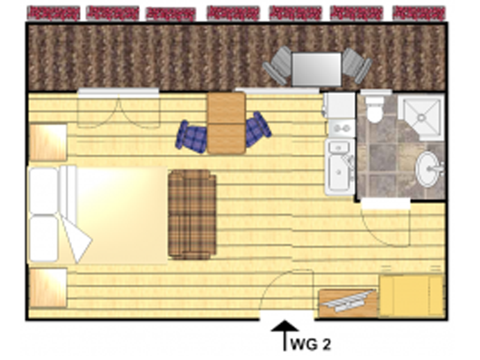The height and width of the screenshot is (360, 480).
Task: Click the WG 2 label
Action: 310,344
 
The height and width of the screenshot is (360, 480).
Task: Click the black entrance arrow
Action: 284,335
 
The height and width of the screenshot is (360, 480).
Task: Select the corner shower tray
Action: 421,117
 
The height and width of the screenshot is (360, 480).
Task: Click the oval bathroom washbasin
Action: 428,169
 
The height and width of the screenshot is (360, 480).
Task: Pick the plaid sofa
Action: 192,215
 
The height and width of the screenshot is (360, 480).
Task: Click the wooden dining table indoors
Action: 226,123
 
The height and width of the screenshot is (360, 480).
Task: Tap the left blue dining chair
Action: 191,137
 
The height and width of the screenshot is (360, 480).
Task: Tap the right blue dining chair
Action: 257,129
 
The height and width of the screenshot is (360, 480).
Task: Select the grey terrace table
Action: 316,69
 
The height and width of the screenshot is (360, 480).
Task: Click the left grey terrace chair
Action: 277,65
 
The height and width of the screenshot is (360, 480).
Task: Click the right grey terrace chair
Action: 356,65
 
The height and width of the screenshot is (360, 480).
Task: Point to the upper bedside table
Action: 48,142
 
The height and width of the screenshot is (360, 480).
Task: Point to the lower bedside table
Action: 48,288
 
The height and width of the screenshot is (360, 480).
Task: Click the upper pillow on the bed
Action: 43,190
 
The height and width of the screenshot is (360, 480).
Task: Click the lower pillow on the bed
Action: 43,239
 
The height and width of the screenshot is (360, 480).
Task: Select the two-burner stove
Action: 341,128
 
